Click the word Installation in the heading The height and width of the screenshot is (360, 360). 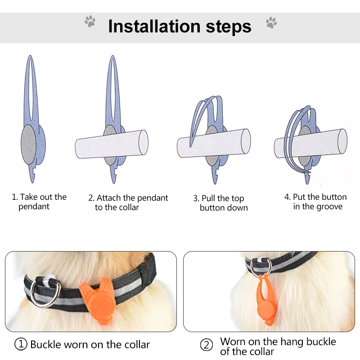(x=154, y=27)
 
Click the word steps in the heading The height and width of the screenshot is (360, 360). (x=229, y=27)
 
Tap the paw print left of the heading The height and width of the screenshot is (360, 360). (x=90, y=21)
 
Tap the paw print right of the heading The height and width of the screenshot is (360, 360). (x=271, y=22)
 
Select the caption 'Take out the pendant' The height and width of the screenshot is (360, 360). (x=39, y=202)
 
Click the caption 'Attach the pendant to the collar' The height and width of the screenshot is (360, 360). (x=128, y=202)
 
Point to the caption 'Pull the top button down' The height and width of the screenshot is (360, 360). (x=220, y=203)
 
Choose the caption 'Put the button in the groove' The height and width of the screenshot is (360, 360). (x=315, y=202)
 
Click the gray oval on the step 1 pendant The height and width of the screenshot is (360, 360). (x=29, y=144)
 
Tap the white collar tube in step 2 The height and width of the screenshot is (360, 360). (x=112, y=144)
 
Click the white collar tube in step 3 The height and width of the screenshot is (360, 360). (x=214, y=143)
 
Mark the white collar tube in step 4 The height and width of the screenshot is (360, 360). (x=310, y=144)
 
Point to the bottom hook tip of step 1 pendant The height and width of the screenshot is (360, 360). (x=32, y=182)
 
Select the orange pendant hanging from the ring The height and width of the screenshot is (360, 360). (x=266, y=300)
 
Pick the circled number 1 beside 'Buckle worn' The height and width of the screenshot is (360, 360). (x=21, y=344)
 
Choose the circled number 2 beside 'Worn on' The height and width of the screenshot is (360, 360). (x=207, y=345)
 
